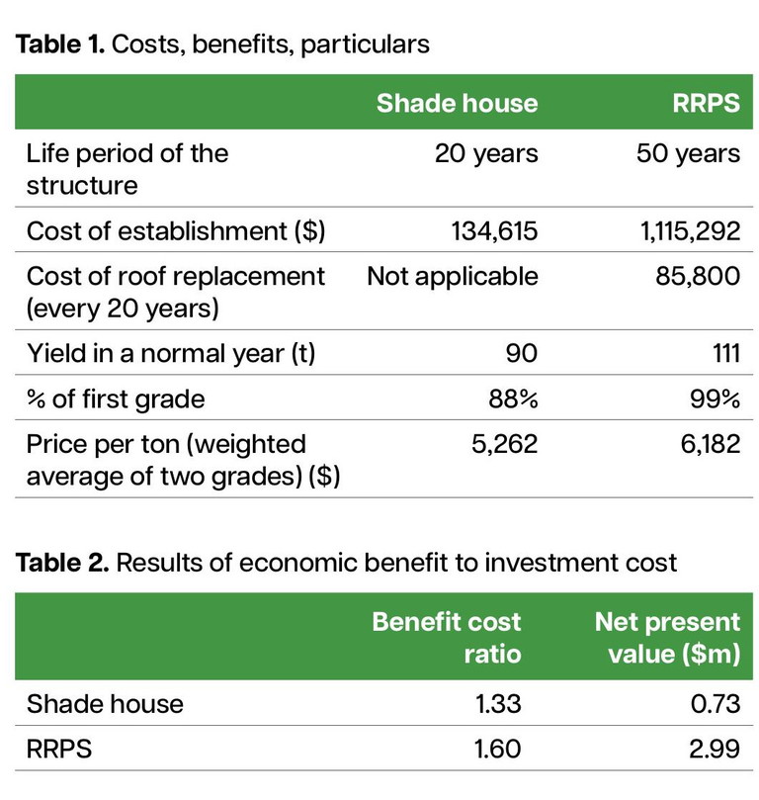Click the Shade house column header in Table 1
coord(457,104)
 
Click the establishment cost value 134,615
coord(486,231)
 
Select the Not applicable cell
coord(453,276)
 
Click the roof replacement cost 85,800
coord(697,276)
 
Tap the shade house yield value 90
coord(521,354)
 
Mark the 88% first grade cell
coord(514,399)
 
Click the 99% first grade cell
coord(715,399)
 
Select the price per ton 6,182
coord(706,444)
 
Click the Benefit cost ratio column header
coord(447,638)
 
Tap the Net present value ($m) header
coord(667,638)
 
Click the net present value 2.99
coord(716,750)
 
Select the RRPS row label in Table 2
coord(59,750)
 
